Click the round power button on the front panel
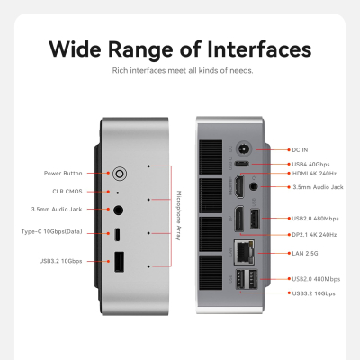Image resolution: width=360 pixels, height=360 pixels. pos(119,171)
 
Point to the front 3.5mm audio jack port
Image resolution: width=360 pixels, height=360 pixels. pos(119,211)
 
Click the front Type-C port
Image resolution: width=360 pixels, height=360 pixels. pos(119,235)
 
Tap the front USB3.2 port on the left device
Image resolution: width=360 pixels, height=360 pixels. pos(119,263)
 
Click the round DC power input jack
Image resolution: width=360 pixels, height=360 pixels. pos(241,149)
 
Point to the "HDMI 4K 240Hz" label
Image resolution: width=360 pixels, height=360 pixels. pos(314,173)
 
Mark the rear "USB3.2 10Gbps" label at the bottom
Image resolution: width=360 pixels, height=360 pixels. pos(314,292)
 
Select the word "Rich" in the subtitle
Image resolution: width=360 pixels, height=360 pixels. pos(120,69)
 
